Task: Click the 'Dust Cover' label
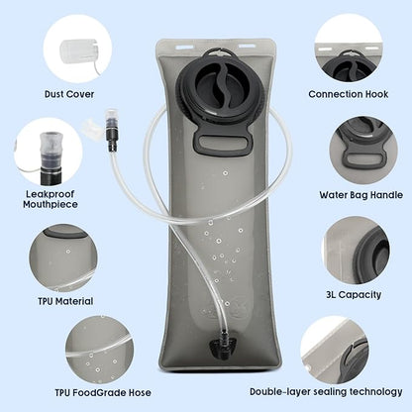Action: pos(69,94)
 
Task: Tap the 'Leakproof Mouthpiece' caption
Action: pos(51,199)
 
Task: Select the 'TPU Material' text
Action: pos(65,301)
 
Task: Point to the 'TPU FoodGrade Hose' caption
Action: pos(103,392)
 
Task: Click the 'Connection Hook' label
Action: pos(349,94)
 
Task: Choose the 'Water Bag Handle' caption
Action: pos(360,195)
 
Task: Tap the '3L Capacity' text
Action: pos(354,294)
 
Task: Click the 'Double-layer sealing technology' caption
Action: pos(326,392)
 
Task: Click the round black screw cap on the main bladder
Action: pos(215,88)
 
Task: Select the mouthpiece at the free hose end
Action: pos(110,130)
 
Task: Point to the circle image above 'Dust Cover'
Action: pos(77,49)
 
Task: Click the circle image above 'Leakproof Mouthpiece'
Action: pos(48,152)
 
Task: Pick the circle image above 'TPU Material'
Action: pos(63,258)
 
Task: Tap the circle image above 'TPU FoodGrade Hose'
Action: pos(99,350)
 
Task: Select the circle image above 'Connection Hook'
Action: pos(349,49)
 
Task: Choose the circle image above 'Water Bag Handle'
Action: pos(363,151)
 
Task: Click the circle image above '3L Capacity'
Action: pos(356,250)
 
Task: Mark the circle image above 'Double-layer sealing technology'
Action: pos(335,350)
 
